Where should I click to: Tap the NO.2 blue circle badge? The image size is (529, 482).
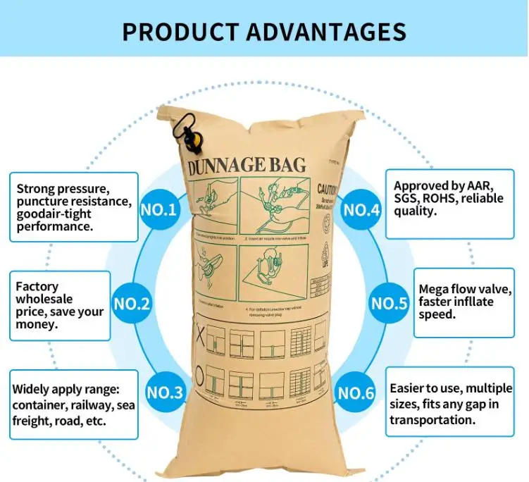(x=132, y=305)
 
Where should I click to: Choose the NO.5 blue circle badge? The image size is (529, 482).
(x=390, y=304)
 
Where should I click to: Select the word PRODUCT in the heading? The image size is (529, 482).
(x=178, y=32)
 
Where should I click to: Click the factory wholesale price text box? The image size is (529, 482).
(x=60, y=305)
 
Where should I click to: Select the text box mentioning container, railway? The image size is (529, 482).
(x=73, y=404)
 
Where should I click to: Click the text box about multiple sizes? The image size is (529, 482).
(x=452, y=404)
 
